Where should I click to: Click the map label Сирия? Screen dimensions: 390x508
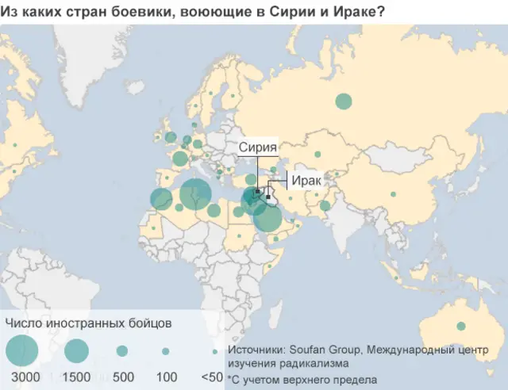[259, 147]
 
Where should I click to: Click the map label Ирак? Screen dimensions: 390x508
[306, 181]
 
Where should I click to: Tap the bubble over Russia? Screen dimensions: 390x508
[344, 101]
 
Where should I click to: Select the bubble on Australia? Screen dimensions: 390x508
[460, 326]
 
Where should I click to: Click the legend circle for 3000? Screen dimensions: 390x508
[21, 350]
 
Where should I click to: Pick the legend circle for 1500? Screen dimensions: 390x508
[76, 350]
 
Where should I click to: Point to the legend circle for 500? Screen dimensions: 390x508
[122, 350]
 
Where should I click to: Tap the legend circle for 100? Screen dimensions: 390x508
[165, 350]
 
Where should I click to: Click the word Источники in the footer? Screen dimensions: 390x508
[254, 350]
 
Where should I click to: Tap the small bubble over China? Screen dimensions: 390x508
[391, 194]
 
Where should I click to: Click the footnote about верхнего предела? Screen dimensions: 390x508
[302, 379]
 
